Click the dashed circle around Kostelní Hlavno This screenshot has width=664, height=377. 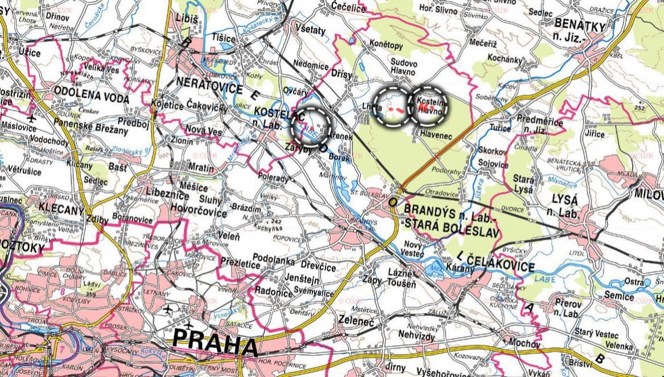[x=429, y=106]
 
